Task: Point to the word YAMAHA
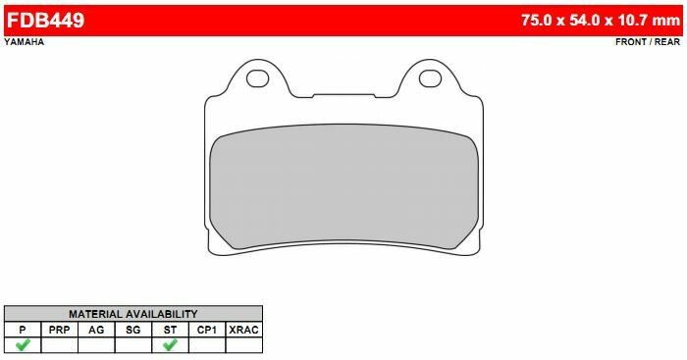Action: [x=23, y=43]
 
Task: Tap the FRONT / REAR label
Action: [x=647, y=43]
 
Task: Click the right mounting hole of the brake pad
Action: [x=430, y=77]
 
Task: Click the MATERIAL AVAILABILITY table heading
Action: [x=132, y=314]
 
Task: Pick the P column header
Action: [x=22, y=330]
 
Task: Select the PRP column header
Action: [x=59, y=330]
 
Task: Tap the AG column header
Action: [x=96, y=330]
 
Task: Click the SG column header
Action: [x=133, y=330]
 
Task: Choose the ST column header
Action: [x=170, y=330]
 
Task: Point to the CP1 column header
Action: [x=207, y=330]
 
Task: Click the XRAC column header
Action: [x=243, y=330]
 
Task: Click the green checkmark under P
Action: [x=22, y=345]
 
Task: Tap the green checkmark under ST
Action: [x=170, y=345]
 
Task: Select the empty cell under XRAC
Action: [x=243, y=345]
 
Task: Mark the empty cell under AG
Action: [x=96, y=345]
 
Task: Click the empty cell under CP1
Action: [x=207, y=345]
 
